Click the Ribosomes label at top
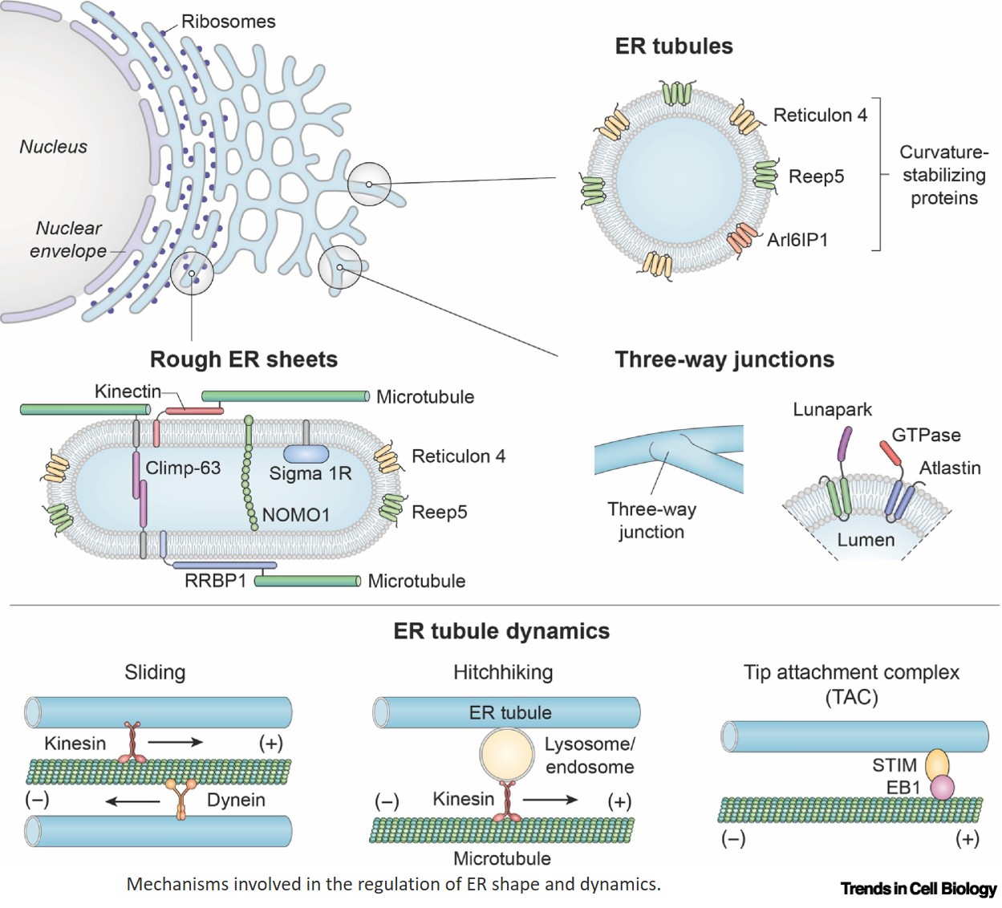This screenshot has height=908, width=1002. click(x=228, y=22)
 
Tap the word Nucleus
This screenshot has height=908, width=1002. click(x=53, y=147)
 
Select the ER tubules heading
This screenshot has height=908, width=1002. click(x=673, y=47)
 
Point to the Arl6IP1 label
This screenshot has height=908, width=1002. click(x=797, y=240)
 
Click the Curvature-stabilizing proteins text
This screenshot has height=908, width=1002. click(x=943, y=175)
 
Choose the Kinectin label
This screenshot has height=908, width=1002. click(x=128, y=391)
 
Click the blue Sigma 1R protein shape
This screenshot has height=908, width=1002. click(x=306, y=454)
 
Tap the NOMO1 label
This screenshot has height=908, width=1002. click(x=295, y=515)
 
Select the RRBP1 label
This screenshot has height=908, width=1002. click(x=215, y=581)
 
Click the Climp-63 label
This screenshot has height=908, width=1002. click(x=183, y=468)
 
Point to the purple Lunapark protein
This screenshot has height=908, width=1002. click(x=844, y=444)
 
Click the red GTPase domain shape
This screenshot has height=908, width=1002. click(x=890, y=452)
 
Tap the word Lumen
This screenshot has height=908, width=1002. click(x=866, y=540)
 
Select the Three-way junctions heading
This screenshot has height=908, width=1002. click(x=724, y=359)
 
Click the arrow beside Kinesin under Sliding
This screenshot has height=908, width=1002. click(x=175, y=743)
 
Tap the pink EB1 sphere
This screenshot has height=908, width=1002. click(x=943, y=788)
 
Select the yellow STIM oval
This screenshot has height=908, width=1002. click(x=937, y=765)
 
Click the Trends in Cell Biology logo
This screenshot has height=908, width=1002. click(x=918, y=889)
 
